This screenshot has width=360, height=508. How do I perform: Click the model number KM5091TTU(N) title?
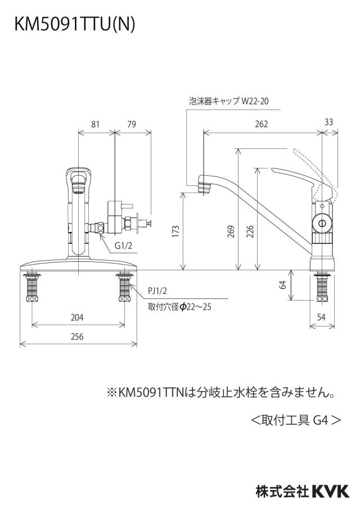click(74, 24)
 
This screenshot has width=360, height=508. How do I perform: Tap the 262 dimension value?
click(262, 124)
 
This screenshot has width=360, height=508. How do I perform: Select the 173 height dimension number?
click(175, 232)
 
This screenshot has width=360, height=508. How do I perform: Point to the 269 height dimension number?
click(231, 232)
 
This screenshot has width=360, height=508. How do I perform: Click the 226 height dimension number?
click(250, 232)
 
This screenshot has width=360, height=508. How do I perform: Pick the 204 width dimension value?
click(77, 317)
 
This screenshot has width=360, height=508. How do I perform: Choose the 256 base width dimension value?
click(77, 337)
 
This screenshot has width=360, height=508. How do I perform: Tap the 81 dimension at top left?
click(96, 124)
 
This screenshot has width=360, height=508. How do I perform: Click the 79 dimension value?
click(132, 124)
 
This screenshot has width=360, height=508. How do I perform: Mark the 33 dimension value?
click(328, 122)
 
